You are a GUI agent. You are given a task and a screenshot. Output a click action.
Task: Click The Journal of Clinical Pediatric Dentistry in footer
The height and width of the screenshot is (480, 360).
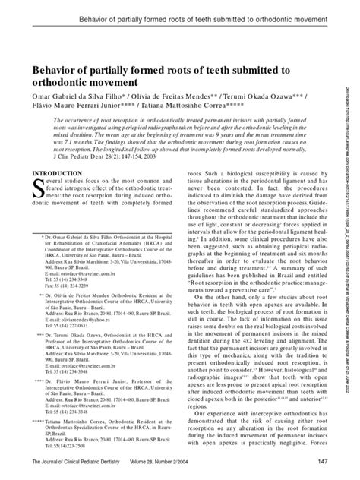[x=81, y=464]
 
